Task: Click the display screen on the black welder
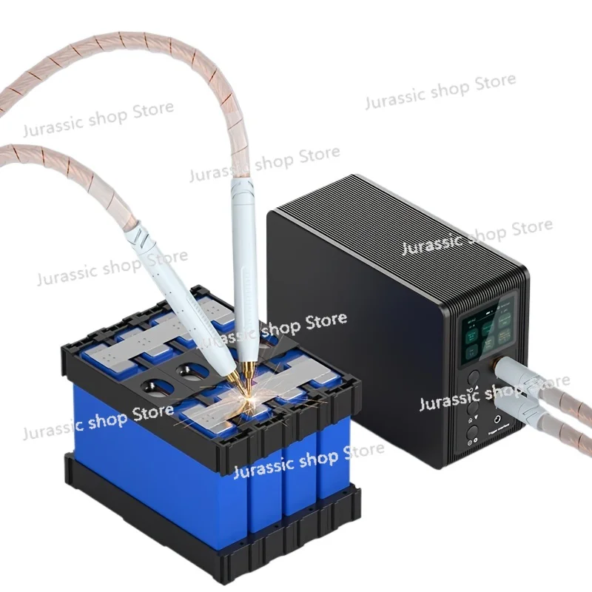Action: point(487,331)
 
